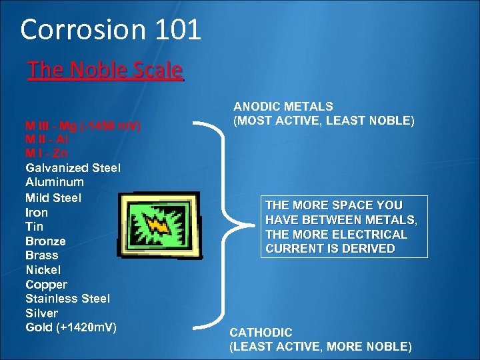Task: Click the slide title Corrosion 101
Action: pos(111,30)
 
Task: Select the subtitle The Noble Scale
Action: pos(105,70)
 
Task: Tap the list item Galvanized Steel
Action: pos(73,167)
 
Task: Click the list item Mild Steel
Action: pos(53,197)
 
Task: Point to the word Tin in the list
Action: pos(34,227)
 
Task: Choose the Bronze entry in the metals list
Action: pos(45,241)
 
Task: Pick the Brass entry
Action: pos(41,255)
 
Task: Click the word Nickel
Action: pos(43,270)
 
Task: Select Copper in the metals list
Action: pos(46,284)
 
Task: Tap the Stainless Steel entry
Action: pos(67,299)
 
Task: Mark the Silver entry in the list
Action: pos(41,313)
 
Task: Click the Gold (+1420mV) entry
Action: pos(71,327)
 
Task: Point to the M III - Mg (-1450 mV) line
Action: pos(83,125)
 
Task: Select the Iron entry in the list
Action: pos(37,213)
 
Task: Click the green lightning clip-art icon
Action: pos(159,225)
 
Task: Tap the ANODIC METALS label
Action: pos(283,107)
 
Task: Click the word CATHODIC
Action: pos(261,332)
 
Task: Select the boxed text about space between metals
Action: pos(343,227)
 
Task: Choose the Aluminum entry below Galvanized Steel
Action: pos(55,182)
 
